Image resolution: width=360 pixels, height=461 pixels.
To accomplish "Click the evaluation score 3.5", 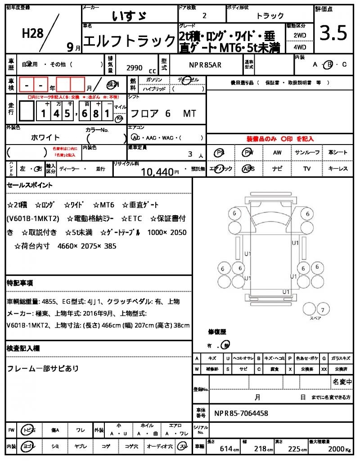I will (x=333, y=33).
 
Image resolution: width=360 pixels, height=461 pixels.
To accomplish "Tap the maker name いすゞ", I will (x=129, y=16).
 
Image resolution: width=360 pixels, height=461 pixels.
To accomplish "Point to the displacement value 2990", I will (x=135, y=68).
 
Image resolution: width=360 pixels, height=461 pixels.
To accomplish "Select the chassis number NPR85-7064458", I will (x=241, y=413).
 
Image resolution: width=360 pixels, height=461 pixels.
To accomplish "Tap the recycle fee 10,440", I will (x=157, y=172).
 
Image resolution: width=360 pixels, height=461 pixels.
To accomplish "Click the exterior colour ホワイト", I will (x=45, y=137).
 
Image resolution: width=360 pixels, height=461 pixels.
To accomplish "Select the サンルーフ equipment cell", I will (x=307, y=153).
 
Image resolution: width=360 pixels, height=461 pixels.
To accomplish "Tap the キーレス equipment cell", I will (x=338, y=169).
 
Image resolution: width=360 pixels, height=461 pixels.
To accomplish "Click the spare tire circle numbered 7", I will (x=322, y=310).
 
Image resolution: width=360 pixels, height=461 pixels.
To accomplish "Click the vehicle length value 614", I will (x=226, y=449).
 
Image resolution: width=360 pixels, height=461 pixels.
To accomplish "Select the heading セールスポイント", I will (x=30, y=185).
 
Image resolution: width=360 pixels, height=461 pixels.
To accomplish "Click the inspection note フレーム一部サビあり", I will (x=43, y=368).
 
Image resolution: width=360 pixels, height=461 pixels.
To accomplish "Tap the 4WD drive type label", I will (x=300, y=47).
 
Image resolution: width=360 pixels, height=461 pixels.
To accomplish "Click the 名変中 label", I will (x=342, y=382).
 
